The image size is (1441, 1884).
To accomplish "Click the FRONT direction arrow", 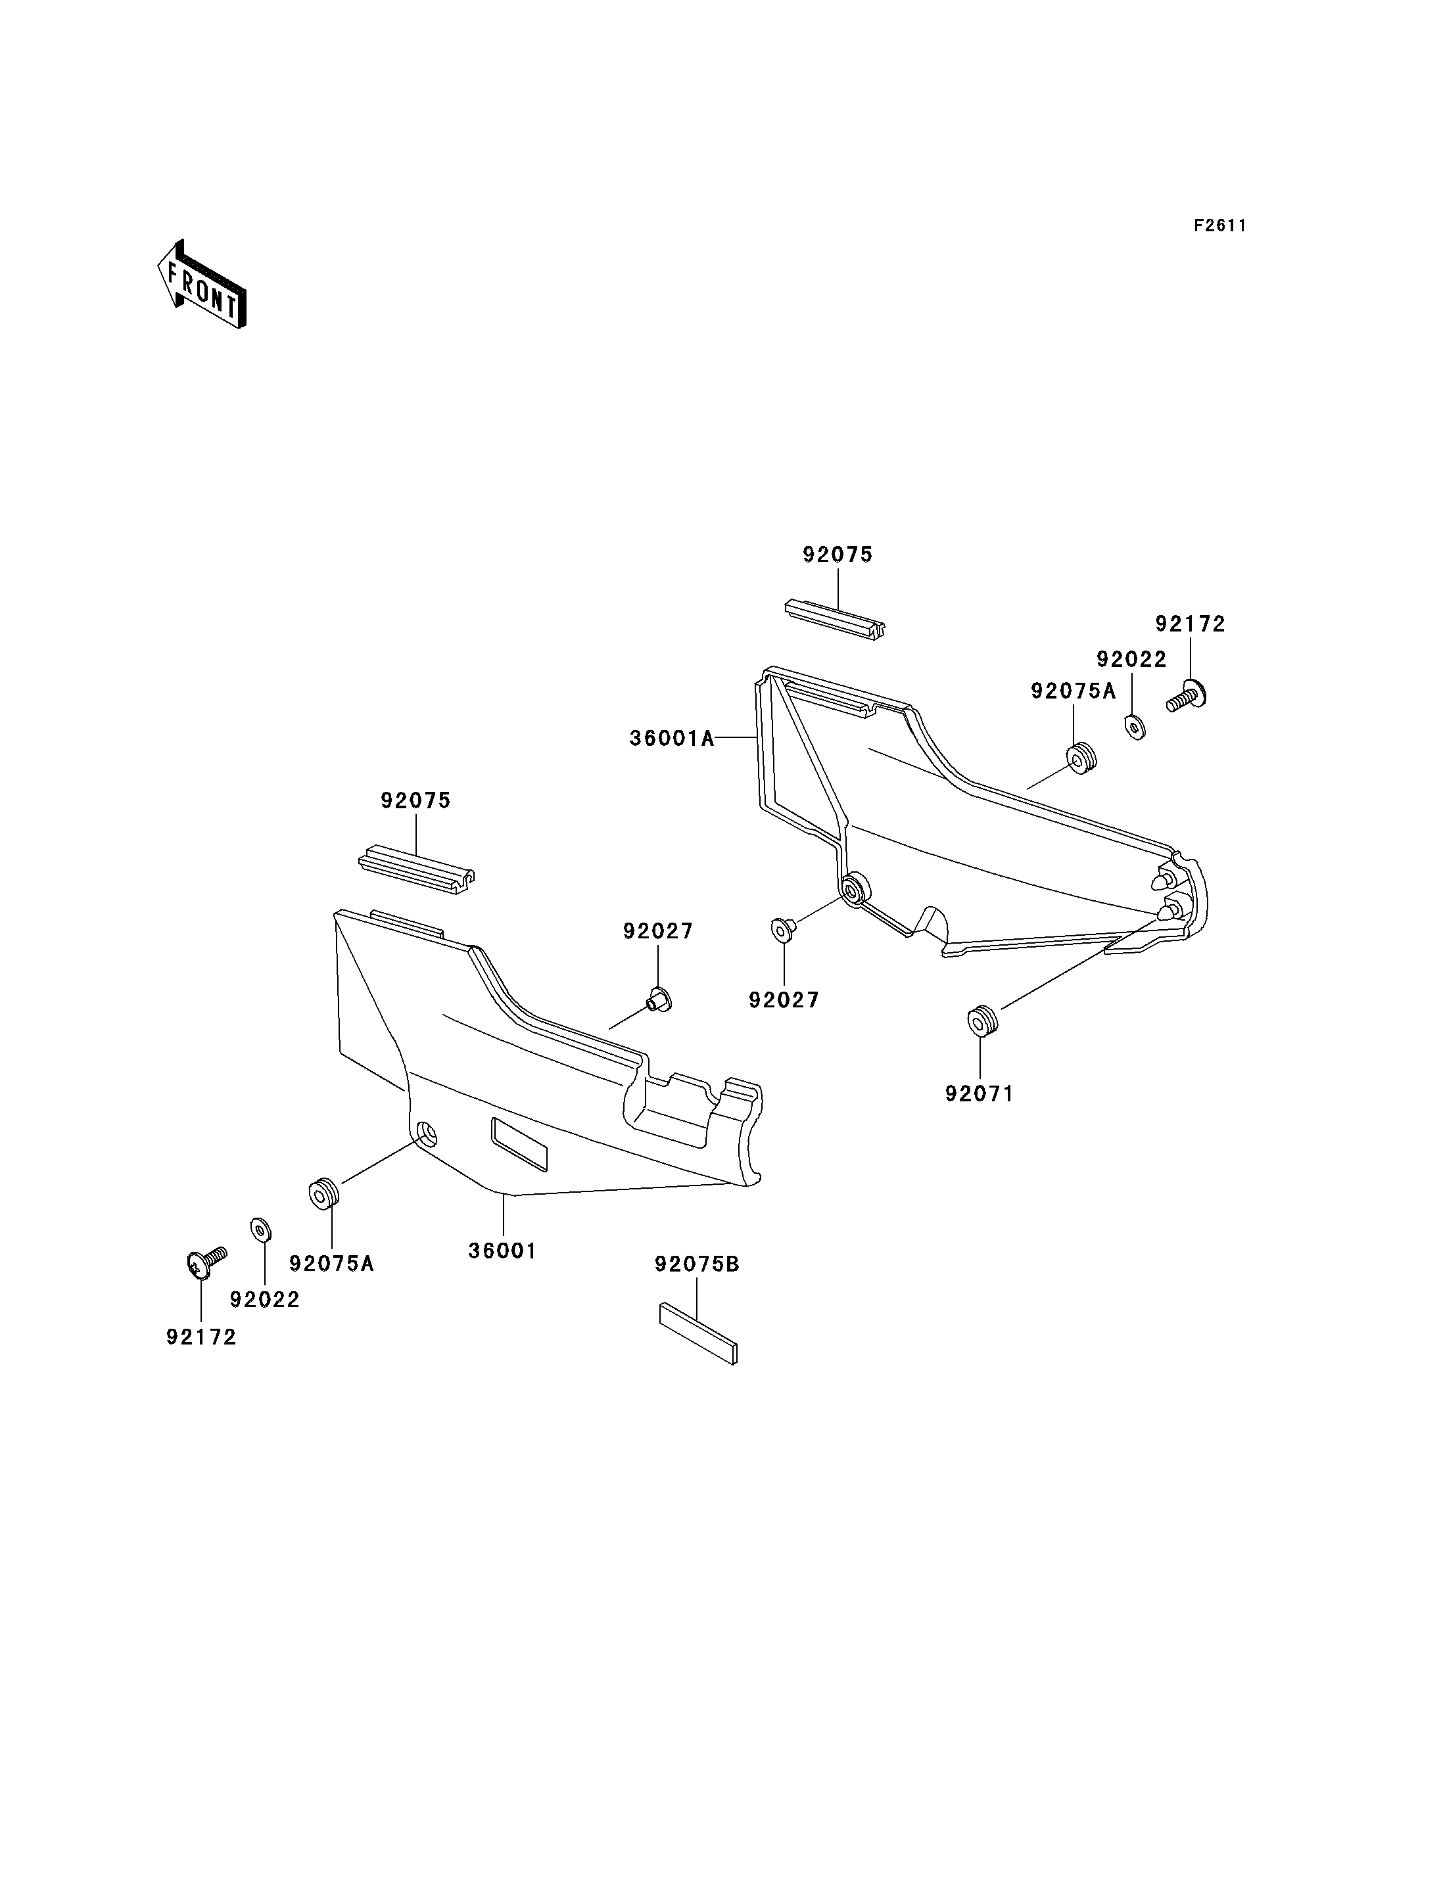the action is tap(202, 285).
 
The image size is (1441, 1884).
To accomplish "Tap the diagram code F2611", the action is tap(1219, 225).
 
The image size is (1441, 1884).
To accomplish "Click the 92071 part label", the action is tap(980, 1094).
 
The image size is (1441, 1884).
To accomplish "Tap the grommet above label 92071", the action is tap(982, 1022).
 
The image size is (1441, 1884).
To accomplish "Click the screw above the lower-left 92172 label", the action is tap(206, 1262).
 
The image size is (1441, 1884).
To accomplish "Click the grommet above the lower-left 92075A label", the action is tap(323, 1194).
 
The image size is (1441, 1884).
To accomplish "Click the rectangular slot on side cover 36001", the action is tap(518, 1144).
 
